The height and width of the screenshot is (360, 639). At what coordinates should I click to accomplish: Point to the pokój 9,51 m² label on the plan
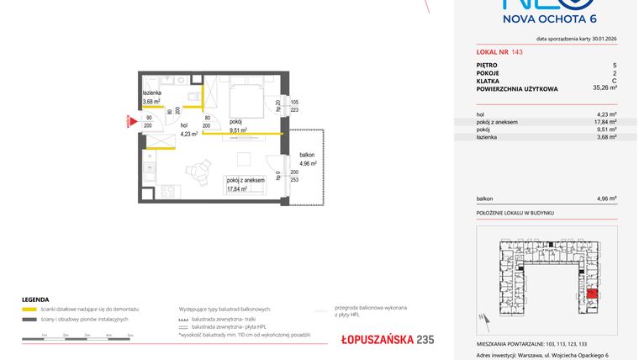point(238,125)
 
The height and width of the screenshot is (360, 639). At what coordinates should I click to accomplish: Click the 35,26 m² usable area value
point(604,87)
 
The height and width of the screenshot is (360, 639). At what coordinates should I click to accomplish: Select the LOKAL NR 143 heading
point(499,52)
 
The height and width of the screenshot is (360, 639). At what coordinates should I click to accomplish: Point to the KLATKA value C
point(615,79)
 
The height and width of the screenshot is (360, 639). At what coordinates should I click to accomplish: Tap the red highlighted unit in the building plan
point(592,294)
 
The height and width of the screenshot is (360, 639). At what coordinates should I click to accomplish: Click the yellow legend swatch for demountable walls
point(29,310)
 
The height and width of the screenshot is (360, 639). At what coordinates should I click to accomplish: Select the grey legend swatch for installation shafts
point(29,320)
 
